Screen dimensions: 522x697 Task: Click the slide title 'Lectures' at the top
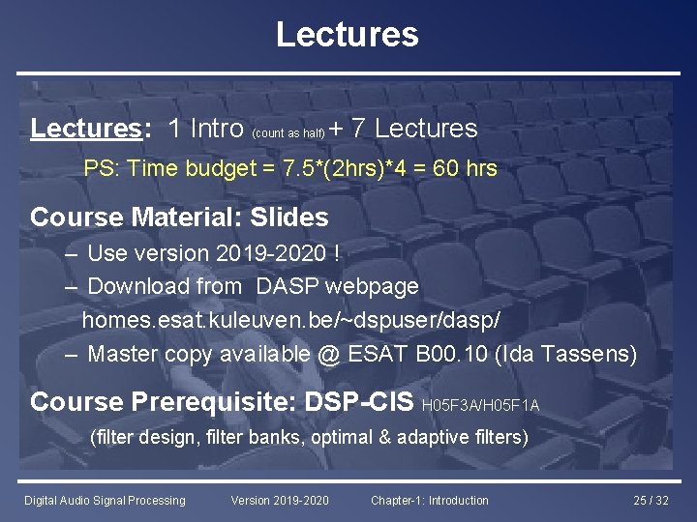tap(348, 35)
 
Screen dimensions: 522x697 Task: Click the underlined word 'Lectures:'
tap(86, 129)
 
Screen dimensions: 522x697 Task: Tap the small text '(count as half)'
tap(288, 133)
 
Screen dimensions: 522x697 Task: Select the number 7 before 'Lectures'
tap(358, 129)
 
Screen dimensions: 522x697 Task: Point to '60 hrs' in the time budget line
tap(466, 169)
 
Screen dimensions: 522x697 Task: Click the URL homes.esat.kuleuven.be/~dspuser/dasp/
tap(290, 320)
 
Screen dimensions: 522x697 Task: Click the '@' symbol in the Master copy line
tap(327, 355)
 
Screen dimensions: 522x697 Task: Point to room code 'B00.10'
tap(451, 355)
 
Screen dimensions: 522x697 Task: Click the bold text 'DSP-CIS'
tap(359, 401)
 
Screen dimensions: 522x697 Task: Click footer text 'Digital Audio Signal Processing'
tap(105, 501)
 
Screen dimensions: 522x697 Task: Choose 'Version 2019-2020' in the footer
tap(280, 501)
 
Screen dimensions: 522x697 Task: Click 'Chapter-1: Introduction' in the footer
tap(430, 501)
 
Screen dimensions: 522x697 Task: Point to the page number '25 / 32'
tap(651, 501)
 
